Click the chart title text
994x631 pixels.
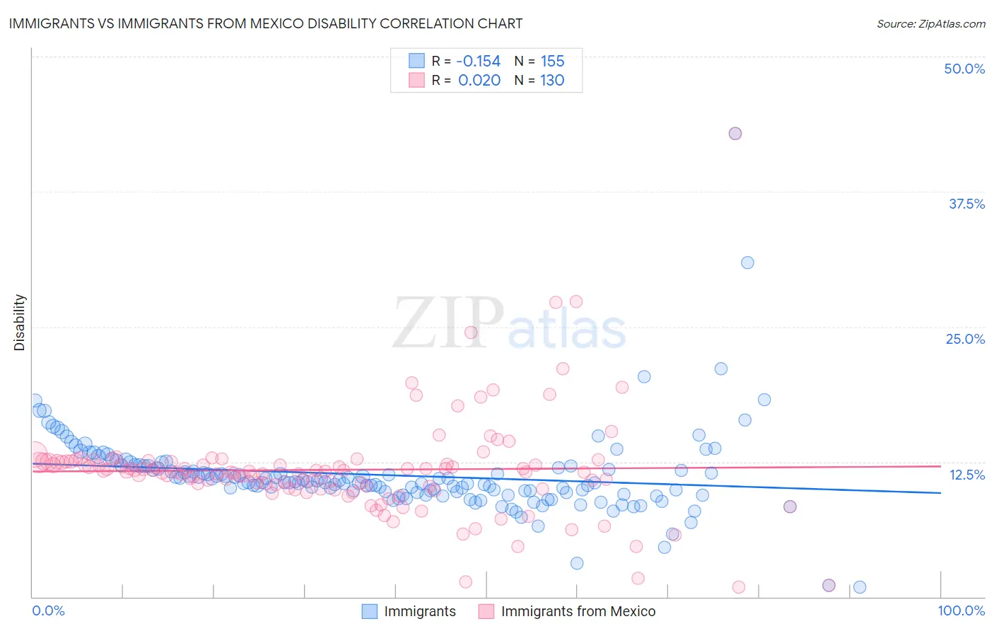[265, 23]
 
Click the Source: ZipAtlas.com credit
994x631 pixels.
[930, 23]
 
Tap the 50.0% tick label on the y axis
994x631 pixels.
[964, 69]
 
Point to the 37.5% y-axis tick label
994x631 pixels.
[966, 204]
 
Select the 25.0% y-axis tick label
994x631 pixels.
[965, 339]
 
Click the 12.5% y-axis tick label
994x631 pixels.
[966, 475]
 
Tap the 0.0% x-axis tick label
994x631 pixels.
[48, 610]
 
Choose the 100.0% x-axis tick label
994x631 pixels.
[961, 610]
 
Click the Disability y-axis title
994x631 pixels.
[20, 323]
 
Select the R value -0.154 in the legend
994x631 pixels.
[478, 61]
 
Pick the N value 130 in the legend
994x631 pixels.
[552, 80]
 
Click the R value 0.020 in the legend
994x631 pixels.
[479, 80]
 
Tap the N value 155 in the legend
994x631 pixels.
[552, 61]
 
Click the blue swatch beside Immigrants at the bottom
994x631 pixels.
[369, 611]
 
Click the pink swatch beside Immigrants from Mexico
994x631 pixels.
[486, 611]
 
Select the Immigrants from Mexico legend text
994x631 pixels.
[578, 611]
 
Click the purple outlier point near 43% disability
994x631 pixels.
[735, 134]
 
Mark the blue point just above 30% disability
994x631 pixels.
[747, 262]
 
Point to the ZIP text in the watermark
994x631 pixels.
[448, 323]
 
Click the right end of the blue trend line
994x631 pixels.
[940, 492]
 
